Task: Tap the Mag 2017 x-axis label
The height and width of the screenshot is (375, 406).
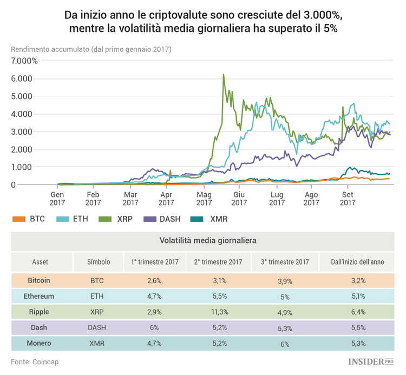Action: (x=204, y=199)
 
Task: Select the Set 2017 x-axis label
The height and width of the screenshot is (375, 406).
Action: (x=347, y=199)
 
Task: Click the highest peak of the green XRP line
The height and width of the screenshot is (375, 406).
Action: (x=224, y=75)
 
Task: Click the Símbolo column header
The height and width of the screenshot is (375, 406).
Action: (x=99, y=262)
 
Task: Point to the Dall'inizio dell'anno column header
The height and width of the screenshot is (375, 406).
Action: (x=358, y=262)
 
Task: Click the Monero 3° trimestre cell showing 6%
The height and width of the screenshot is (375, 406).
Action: (x=285, y=343)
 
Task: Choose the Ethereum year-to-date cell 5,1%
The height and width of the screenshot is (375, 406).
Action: (x=358, y=296)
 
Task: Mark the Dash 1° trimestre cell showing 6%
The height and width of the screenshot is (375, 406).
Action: (x=155, y=328)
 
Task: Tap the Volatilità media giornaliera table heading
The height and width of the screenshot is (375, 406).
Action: (x=208, y=239)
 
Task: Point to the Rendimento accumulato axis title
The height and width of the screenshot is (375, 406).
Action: (x=91, y=49)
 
